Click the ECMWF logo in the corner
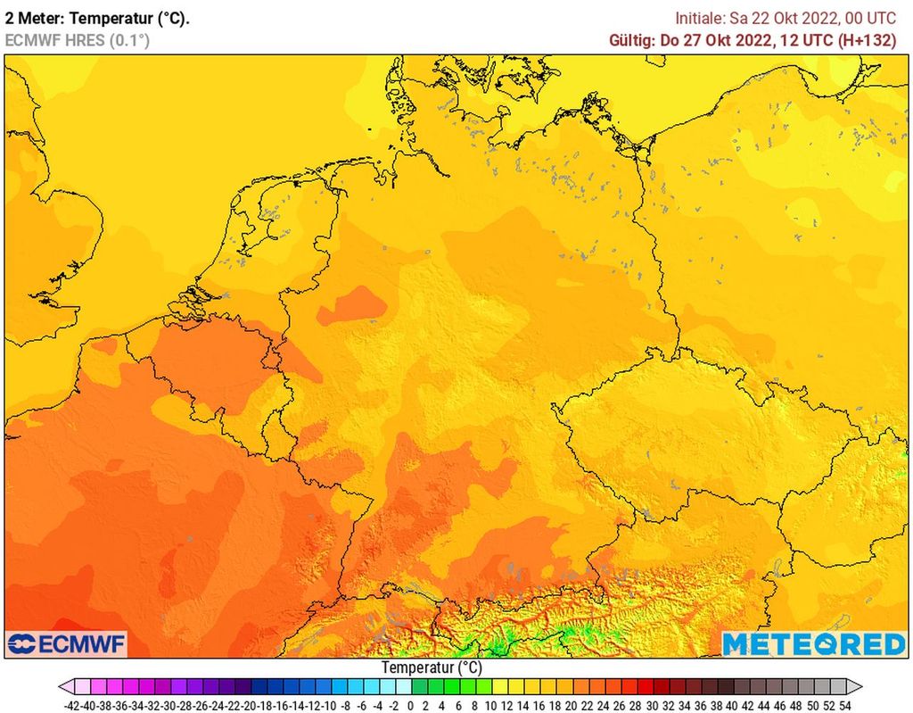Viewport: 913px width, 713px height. pos(67,643)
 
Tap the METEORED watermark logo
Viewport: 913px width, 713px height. pos(812,643)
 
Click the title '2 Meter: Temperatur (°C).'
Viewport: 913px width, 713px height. pos(97,18)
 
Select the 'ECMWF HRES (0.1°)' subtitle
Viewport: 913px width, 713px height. pos(78,40)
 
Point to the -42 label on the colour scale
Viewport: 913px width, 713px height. pos(74,705)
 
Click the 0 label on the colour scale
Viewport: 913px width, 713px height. pos(410,705)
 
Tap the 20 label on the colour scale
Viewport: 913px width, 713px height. pos(571,705)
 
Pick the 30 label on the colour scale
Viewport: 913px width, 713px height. pos(652,705)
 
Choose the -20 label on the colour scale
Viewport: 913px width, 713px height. pos(251,705)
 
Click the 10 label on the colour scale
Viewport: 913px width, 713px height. pos(490,705)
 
